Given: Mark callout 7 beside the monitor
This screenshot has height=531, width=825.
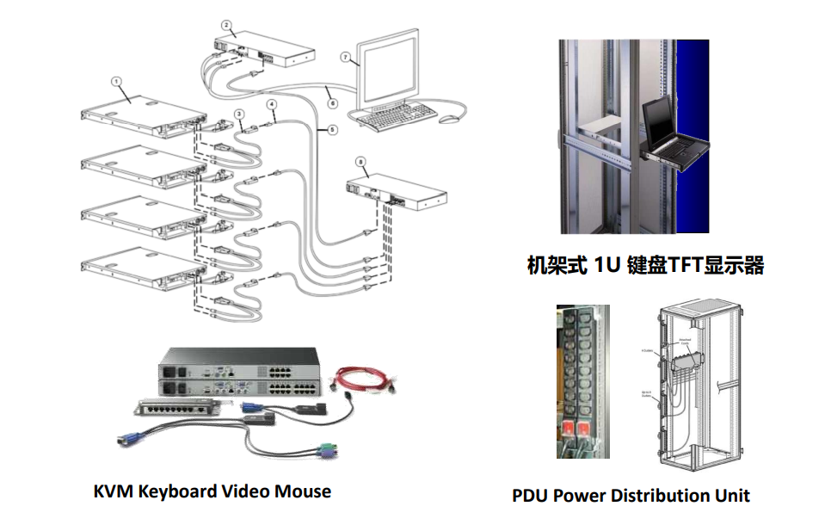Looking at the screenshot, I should (345, 58).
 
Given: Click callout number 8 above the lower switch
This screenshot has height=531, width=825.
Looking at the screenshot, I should (360, 161).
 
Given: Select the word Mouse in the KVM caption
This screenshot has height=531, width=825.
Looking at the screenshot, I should (302, 491).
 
